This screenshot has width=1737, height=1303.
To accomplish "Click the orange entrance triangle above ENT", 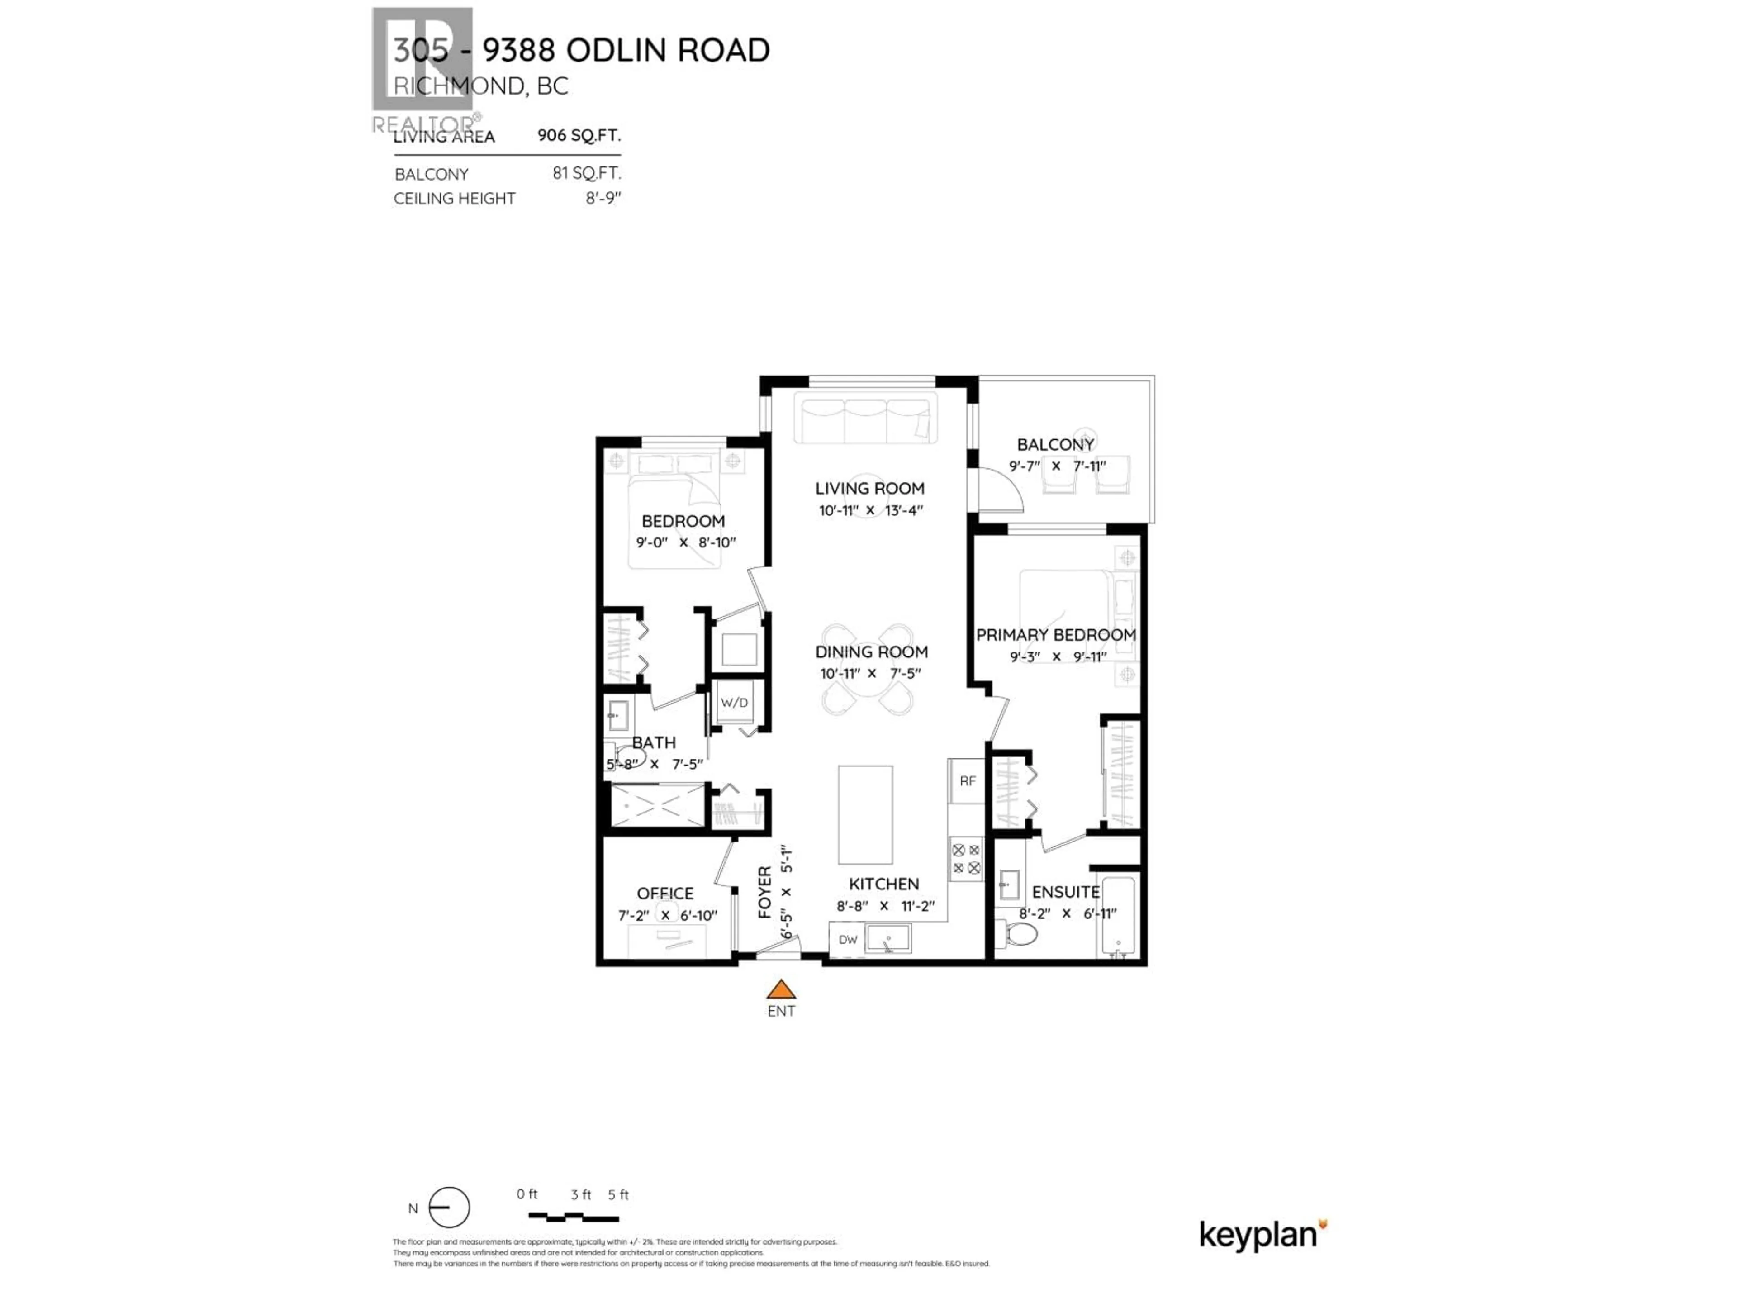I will [x=781, y=989].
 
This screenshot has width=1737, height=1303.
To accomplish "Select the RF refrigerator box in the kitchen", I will [x=967, y=781].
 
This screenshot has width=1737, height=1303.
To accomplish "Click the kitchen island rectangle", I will [x=865, y=814].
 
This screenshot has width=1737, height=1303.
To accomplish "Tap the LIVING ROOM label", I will [x=869, y=489].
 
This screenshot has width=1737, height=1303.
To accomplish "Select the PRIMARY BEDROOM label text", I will [x=1055, y=635].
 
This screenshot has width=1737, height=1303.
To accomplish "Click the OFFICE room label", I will [x=664, y=894].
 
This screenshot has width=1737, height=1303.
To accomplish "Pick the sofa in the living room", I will [x=865, y=418].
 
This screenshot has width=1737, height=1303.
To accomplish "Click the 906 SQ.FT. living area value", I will [x=579, y=135].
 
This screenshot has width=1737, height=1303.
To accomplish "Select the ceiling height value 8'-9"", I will [x=603, y=199].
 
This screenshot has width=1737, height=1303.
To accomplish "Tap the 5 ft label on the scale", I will [x=618, y=1194].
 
